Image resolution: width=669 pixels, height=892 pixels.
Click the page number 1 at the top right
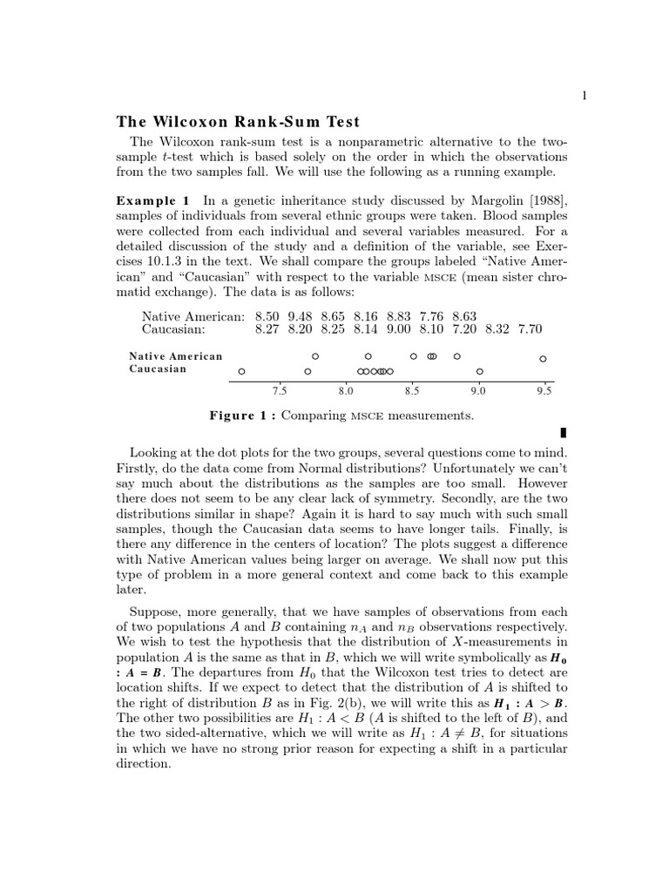coord(585,96)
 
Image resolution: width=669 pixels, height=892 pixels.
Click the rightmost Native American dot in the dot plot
coord(543,358)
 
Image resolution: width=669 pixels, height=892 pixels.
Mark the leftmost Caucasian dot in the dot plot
coord(241,371)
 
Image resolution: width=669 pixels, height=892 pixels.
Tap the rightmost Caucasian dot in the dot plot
coord(479,371)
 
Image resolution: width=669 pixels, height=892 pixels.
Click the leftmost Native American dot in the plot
coord(315,356)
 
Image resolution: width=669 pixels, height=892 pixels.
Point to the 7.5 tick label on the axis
coord(280,391)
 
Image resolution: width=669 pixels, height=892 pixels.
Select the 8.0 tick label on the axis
coord(346,391)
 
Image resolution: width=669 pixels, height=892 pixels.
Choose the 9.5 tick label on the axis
coord(544,391)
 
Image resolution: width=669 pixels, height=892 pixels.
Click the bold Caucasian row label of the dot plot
coord(158,369)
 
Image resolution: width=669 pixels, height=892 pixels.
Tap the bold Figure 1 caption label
coord(243,416)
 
